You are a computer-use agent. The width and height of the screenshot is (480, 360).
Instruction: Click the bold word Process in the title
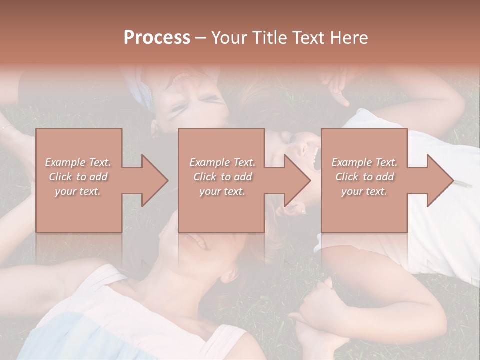[x=157, y=38]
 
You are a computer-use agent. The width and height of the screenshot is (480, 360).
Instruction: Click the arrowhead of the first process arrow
[x=155, y=180]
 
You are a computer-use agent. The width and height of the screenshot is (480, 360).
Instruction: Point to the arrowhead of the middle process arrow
[x=298, y=180]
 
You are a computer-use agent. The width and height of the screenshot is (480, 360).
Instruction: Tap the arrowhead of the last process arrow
[x=440, y=180]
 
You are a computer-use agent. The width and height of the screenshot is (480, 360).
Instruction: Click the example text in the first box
[x=78, y=177]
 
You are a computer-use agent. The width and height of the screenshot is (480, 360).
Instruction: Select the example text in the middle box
[x=222, y=177]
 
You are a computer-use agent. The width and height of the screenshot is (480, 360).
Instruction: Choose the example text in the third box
[x=364, y=177]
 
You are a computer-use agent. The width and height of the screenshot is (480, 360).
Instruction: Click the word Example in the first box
[x=64, y=162]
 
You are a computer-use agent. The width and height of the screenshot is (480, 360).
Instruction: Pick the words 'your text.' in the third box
[x=364, y=191]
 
